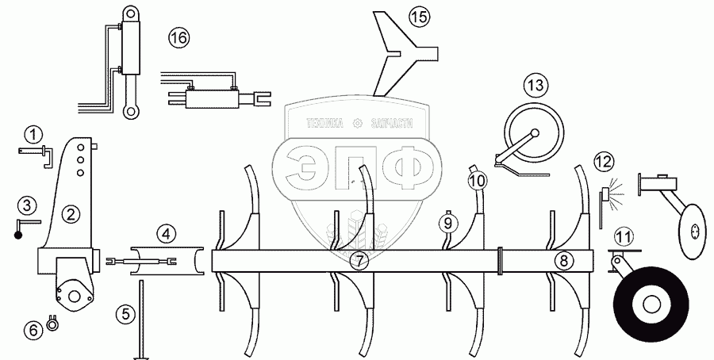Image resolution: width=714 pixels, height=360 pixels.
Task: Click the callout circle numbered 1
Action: (x=32, y=133)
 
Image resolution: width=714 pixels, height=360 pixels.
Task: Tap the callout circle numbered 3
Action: (x=27, y=206)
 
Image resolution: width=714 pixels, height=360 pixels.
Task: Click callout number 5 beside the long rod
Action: (x=125, y=314)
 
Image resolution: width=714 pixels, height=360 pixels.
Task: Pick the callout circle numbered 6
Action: (x=33, y=329)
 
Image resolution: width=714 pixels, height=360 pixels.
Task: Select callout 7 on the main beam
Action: (x=360, y=261)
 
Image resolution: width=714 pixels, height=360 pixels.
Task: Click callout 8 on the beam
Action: (x=562, y=260)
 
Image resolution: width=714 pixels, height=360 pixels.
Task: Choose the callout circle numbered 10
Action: (x=476, y=182)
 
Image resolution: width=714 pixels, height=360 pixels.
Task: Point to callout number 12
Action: (x=605, y=162)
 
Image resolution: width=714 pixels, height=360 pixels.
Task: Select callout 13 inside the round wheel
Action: (x=536, y=84)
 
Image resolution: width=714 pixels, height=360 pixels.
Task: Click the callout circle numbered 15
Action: (x=418, y=16)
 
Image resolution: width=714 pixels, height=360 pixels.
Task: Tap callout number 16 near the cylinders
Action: (x=179, y=36)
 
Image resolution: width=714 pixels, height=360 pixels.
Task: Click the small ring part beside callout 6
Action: (x=54, y=322)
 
